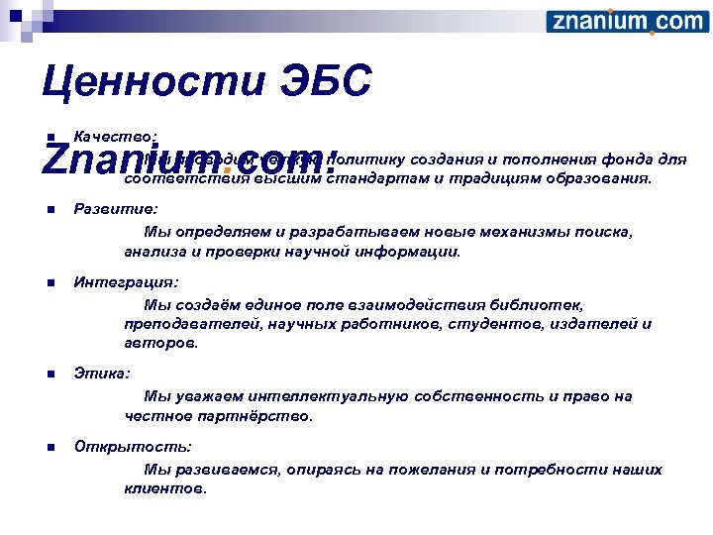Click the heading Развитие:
[116, 210]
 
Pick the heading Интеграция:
[126, 282]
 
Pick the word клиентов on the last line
[165, 488]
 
